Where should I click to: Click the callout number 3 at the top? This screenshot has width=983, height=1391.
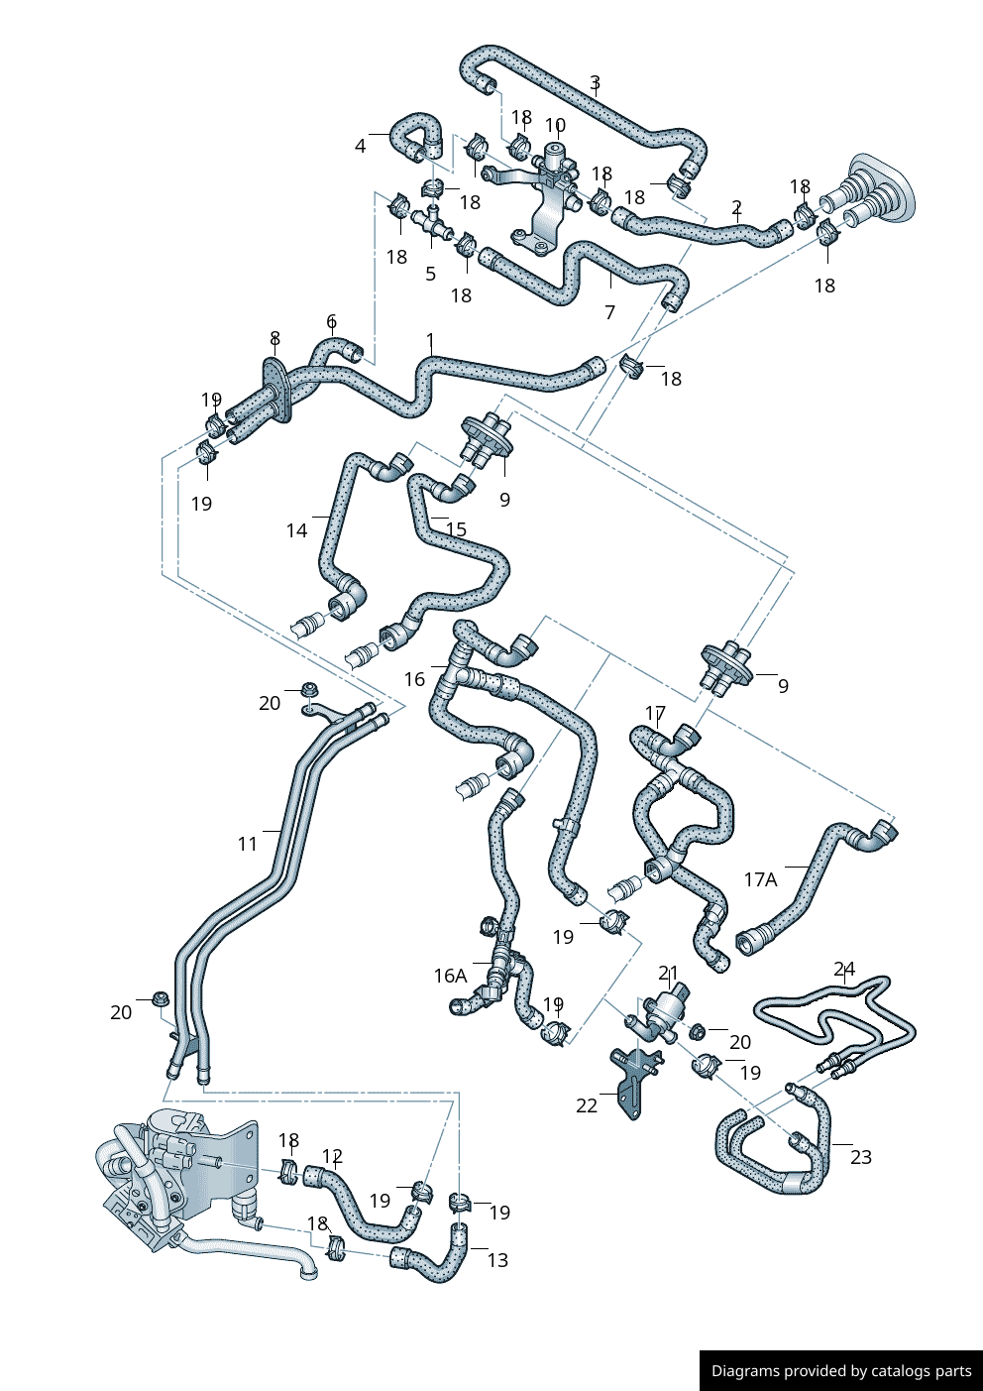[x=595, y=82]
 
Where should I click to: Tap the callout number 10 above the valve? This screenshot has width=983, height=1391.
[x=555, y=126]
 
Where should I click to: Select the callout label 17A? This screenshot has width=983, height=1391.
[x=760, y=879]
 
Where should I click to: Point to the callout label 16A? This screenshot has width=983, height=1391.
[x=450, y=976]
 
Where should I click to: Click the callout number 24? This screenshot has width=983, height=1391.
[x=844, y=969]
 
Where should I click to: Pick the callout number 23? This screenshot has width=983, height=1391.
[x=861, y=1156]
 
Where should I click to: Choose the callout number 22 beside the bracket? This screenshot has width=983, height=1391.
[x=587, y=1105]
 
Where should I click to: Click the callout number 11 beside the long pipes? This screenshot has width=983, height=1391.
[x=247, y=844]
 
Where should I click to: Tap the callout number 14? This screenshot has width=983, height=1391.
[x=296, y=530]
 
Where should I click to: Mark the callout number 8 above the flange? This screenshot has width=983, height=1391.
[x=274, y=339]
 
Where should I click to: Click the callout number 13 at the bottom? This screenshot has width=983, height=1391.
[x=497, y=1259]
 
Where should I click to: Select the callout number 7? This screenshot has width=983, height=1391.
[x=609, y=312]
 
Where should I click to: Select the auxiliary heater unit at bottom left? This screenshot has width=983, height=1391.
[x=178, y=1175]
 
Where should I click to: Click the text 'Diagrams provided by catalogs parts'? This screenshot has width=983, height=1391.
[x=841, y=1371]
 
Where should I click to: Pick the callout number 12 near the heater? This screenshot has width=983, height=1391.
[x=332, y=1156]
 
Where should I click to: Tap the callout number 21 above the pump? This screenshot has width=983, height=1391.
[x=669, y=974]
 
